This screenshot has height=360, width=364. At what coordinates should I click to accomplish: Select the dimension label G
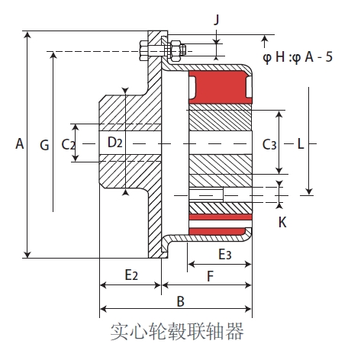[43, 143]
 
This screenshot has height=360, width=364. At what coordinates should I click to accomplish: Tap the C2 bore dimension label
[68, 143]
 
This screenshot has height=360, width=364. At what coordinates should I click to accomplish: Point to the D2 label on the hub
[114, 142]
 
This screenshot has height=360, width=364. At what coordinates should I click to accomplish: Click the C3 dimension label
[269, 143]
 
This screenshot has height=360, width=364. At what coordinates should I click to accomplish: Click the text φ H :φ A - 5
[297, 56]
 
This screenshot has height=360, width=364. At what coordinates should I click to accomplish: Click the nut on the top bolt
[177, 50]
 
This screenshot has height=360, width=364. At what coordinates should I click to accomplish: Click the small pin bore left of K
[205, 194]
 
